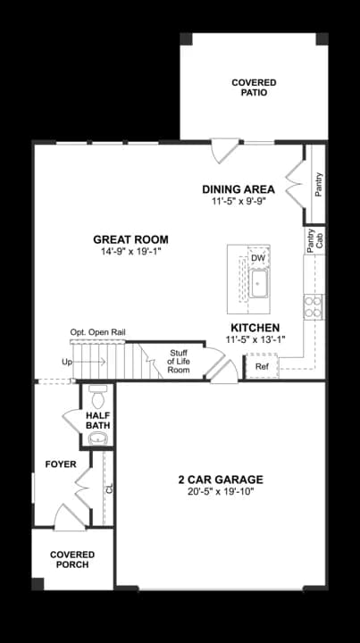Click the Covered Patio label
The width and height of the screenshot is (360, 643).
[x=254, y=87]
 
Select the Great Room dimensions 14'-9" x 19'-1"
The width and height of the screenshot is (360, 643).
[x=130, y=253]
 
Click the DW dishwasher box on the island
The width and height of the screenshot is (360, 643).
[x=258, y=259]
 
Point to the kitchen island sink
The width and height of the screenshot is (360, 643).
[x=259, y=285]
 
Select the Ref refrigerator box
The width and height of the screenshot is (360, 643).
[x=262, y=366]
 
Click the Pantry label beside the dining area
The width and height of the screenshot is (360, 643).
[x=319, y=185]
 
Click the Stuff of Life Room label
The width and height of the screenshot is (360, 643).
[x=180, y=361]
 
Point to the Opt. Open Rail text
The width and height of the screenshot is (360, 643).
[x=98, y=332]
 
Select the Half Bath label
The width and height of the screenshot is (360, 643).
[x=98, y=421]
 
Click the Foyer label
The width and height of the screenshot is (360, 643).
[x=61, y=464]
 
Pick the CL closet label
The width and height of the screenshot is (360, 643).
[x=109, y=489]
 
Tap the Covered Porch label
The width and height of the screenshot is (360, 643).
[x=72, y=560]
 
